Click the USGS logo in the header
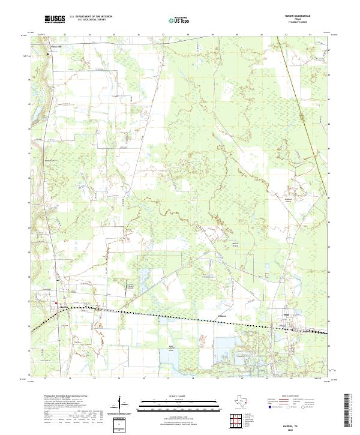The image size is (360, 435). click(55, 19)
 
